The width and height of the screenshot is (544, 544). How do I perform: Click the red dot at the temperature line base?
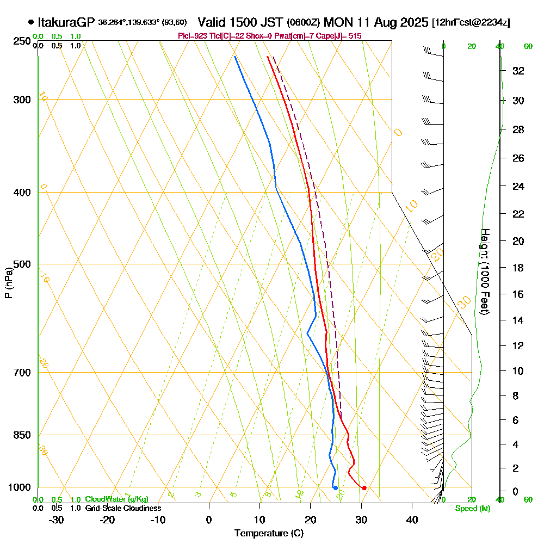click(364, 487)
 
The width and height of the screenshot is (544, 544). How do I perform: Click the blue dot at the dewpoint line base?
click(335, 487)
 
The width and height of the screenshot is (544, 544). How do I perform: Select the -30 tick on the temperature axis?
click(57, 520)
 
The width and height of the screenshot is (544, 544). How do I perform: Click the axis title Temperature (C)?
click(269, 534)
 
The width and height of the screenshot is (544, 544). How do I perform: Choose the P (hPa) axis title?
click(8, 283)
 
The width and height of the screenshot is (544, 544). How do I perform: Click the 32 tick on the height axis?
click(518, 71)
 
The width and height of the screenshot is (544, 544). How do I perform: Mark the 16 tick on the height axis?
click(518, 294)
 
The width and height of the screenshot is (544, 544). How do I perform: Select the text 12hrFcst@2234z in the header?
click(471, 23)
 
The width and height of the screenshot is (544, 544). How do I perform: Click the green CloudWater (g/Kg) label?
click(116, 499)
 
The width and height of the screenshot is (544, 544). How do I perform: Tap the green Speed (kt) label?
click(472, 508)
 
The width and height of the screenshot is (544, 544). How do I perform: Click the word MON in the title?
click(337, 22)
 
